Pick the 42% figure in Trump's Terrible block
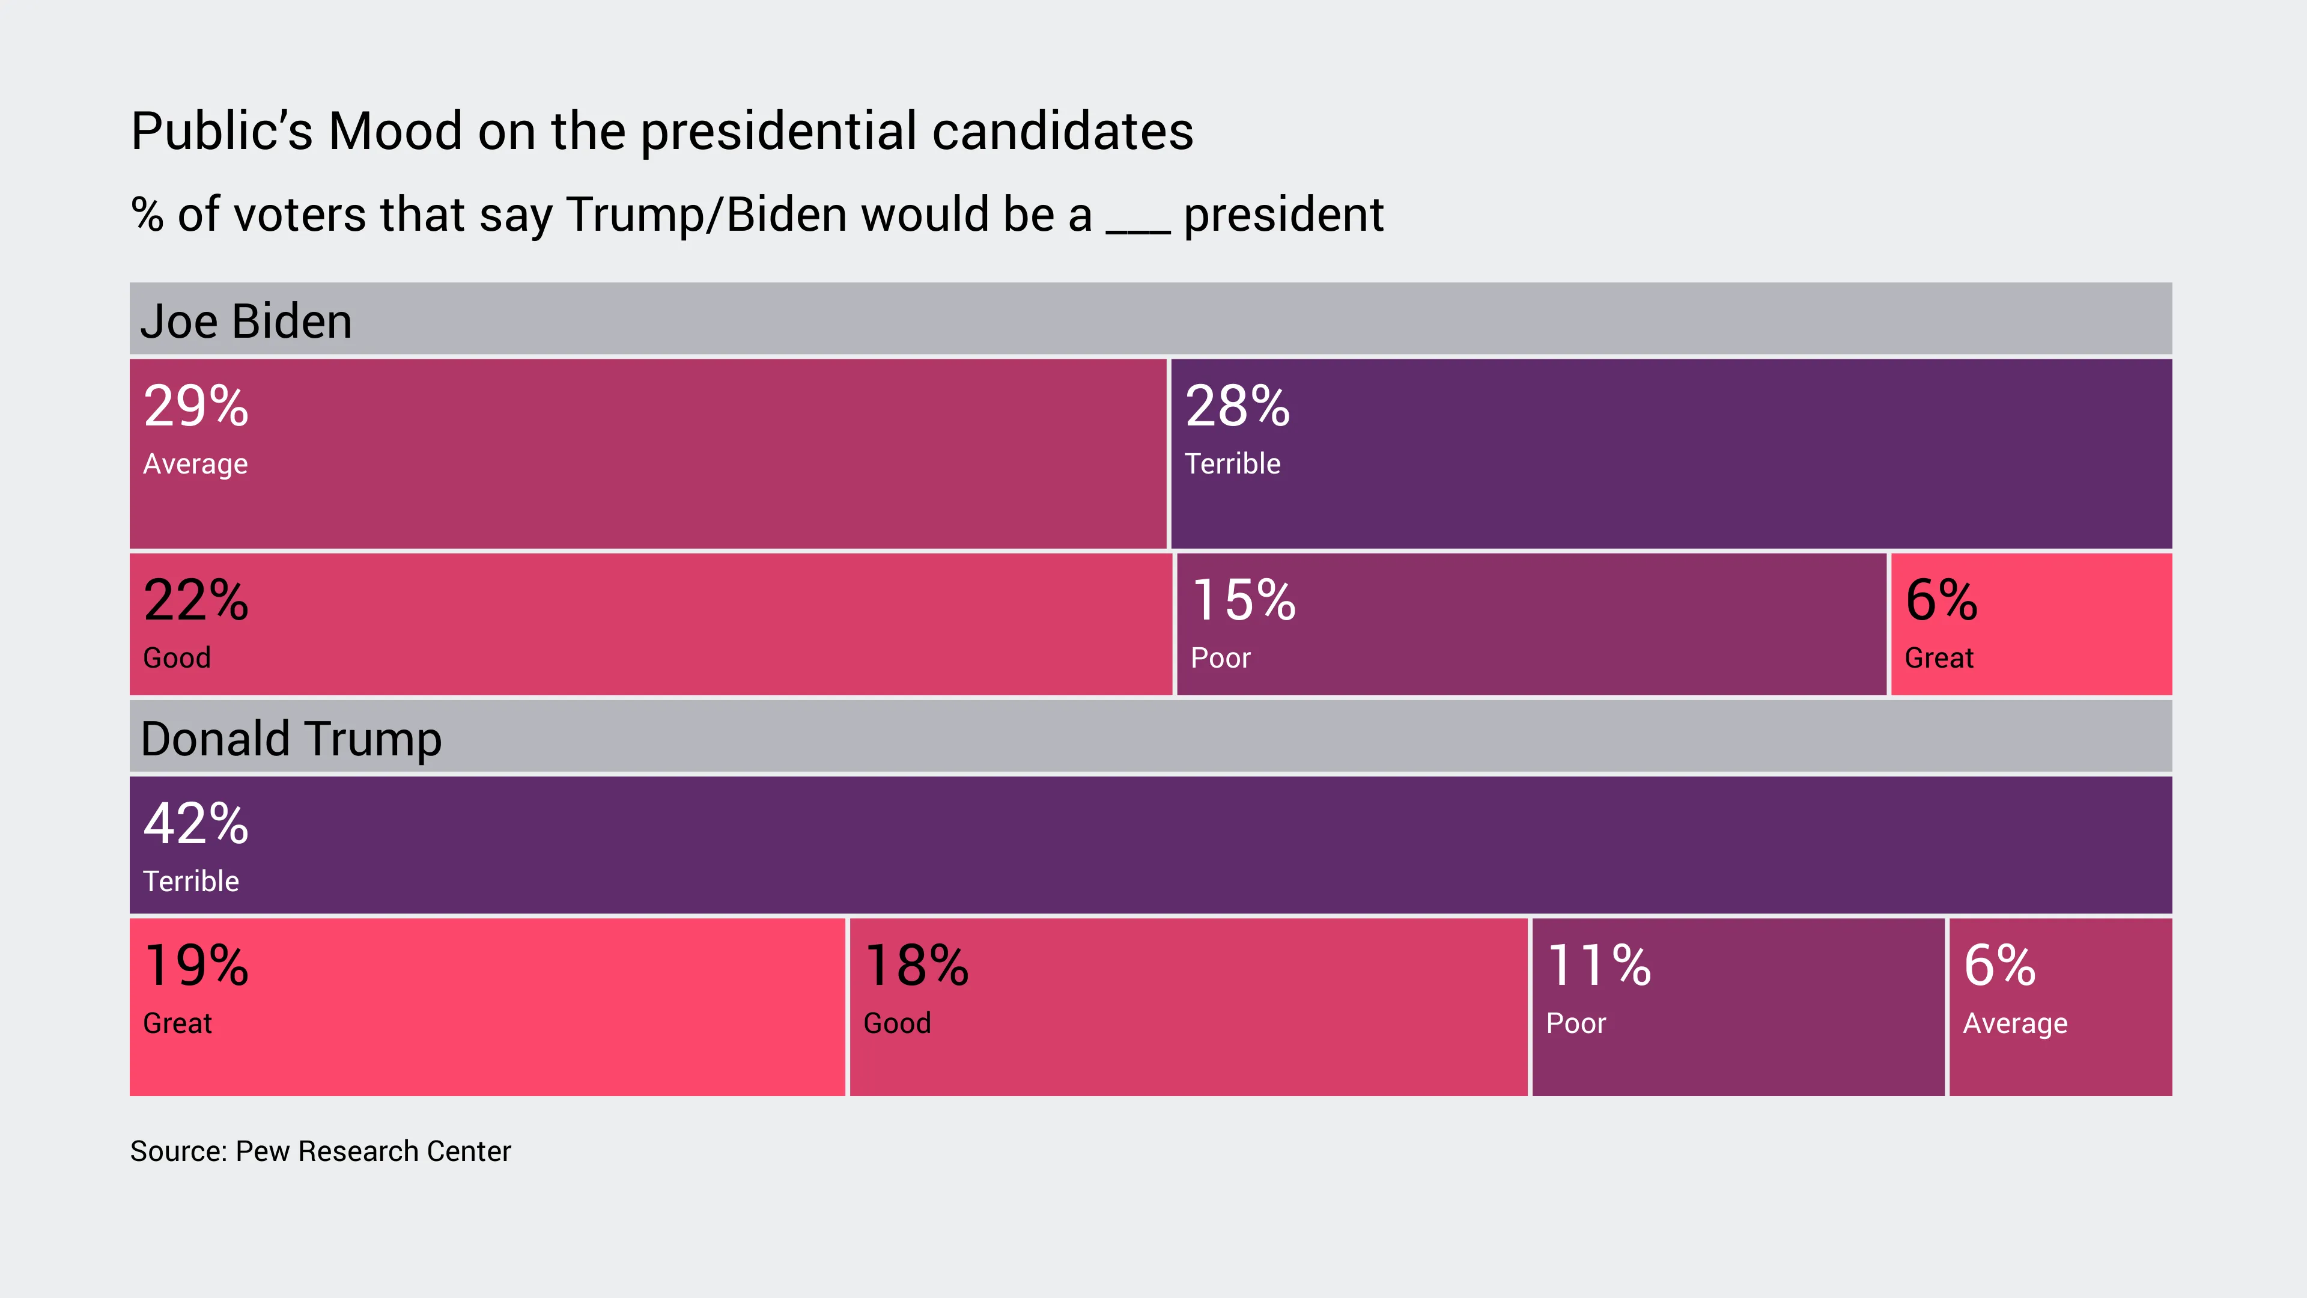point(195,823)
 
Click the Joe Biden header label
point(246,321)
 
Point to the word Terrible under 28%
point(1232,463)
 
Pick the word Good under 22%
point(177,657)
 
